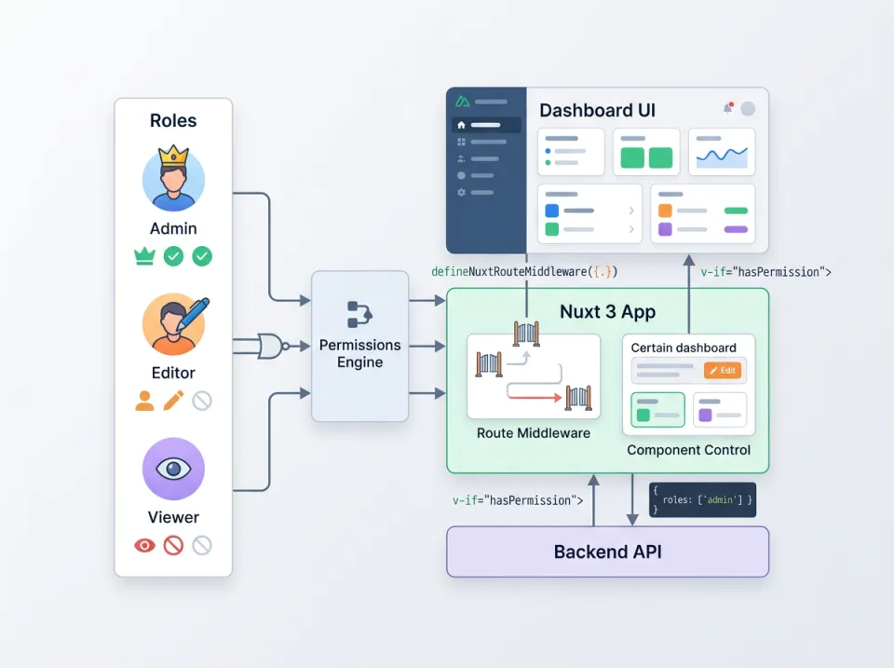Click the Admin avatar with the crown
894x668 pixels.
173,179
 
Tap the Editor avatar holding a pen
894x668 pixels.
173,324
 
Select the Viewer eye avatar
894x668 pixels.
173,469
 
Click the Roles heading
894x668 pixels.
173,120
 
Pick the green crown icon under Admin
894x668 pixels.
144,256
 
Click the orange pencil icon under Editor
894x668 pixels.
173,401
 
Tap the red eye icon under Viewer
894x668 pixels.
144,545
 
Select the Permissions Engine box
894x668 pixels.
359,346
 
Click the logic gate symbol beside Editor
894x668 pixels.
270,347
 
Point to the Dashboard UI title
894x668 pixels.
597,110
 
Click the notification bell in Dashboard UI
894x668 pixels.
728,108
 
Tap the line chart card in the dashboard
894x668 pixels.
722,152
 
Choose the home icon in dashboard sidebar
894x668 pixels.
461,125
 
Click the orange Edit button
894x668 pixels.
723,370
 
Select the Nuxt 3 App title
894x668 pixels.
607,311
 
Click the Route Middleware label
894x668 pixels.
533,433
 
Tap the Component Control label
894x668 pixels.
688,450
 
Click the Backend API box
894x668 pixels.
607,552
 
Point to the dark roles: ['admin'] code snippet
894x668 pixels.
702,499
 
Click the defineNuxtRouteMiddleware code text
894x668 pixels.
524,272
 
